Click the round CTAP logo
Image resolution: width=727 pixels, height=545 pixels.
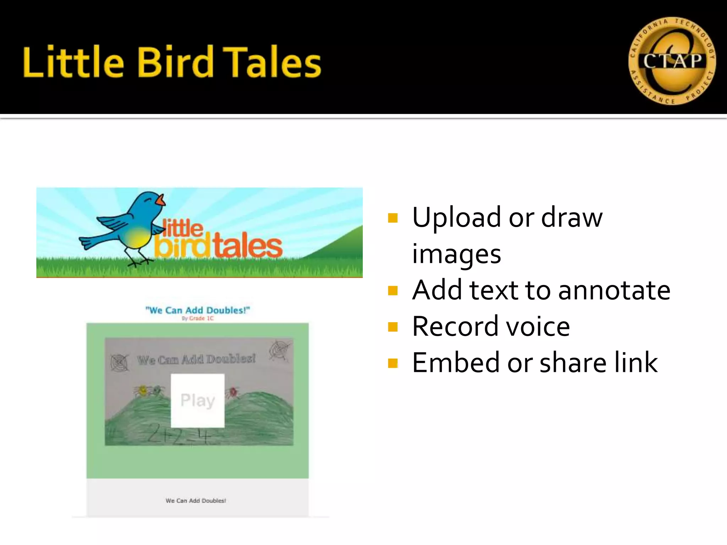(672, 61)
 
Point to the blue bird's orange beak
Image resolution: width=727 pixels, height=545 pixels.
(162, 201)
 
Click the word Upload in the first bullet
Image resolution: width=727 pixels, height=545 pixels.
(458, 218)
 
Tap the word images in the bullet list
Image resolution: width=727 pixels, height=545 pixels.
(457, 254)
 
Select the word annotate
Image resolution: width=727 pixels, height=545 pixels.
(614, 290)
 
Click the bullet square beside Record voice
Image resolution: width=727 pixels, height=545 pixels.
(393, 326)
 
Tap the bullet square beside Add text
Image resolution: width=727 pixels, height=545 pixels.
(393, 291)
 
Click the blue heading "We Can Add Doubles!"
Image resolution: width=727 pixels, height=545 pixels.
(198, 310)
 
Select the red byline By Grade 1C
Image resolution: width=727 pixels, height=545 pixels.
(198, 318)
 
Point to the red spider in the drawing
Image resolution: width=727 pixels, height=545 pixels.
(233, 392)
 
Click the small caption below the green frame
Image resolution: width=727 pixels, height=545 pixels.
(196, 501)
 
